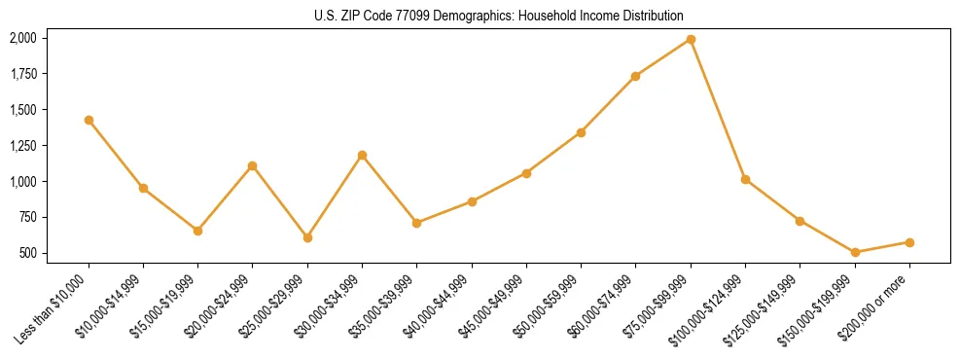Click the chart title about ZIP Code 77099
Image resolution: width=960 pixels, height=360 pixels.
499,17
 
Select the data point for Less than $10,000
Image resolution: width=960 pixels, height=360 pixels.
89,120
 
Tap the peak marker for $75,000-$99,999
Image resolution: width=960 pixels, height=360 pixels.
691,39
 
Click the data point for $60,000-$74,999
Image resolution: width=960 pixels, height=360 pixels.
635,76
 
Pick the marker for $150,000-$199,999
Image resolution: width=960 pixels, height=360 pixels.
855,252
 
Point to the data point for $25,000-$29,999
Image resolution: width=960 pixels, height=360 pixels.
307,237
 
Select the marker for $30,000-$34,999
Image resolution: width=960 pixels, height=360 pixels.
362,155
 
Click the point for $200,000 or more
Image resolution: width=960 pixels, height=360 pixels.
909,242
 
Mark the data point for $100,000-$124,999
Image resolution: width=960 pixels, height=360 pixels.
745,179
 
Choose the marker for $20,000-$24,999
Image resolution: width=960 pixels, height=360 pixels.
253,165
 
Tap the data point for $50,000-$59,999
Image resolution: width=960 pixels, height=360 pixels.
581,132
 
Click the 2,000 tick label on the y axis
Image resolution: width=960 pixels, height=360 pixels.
22,38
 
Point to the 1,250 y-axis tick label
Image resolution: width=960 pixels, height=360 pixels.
22,145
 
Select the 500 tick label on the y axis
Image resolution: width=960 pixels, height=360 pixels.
27,253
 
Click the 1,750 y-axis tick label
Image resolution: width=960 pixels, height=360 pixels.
22,74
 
